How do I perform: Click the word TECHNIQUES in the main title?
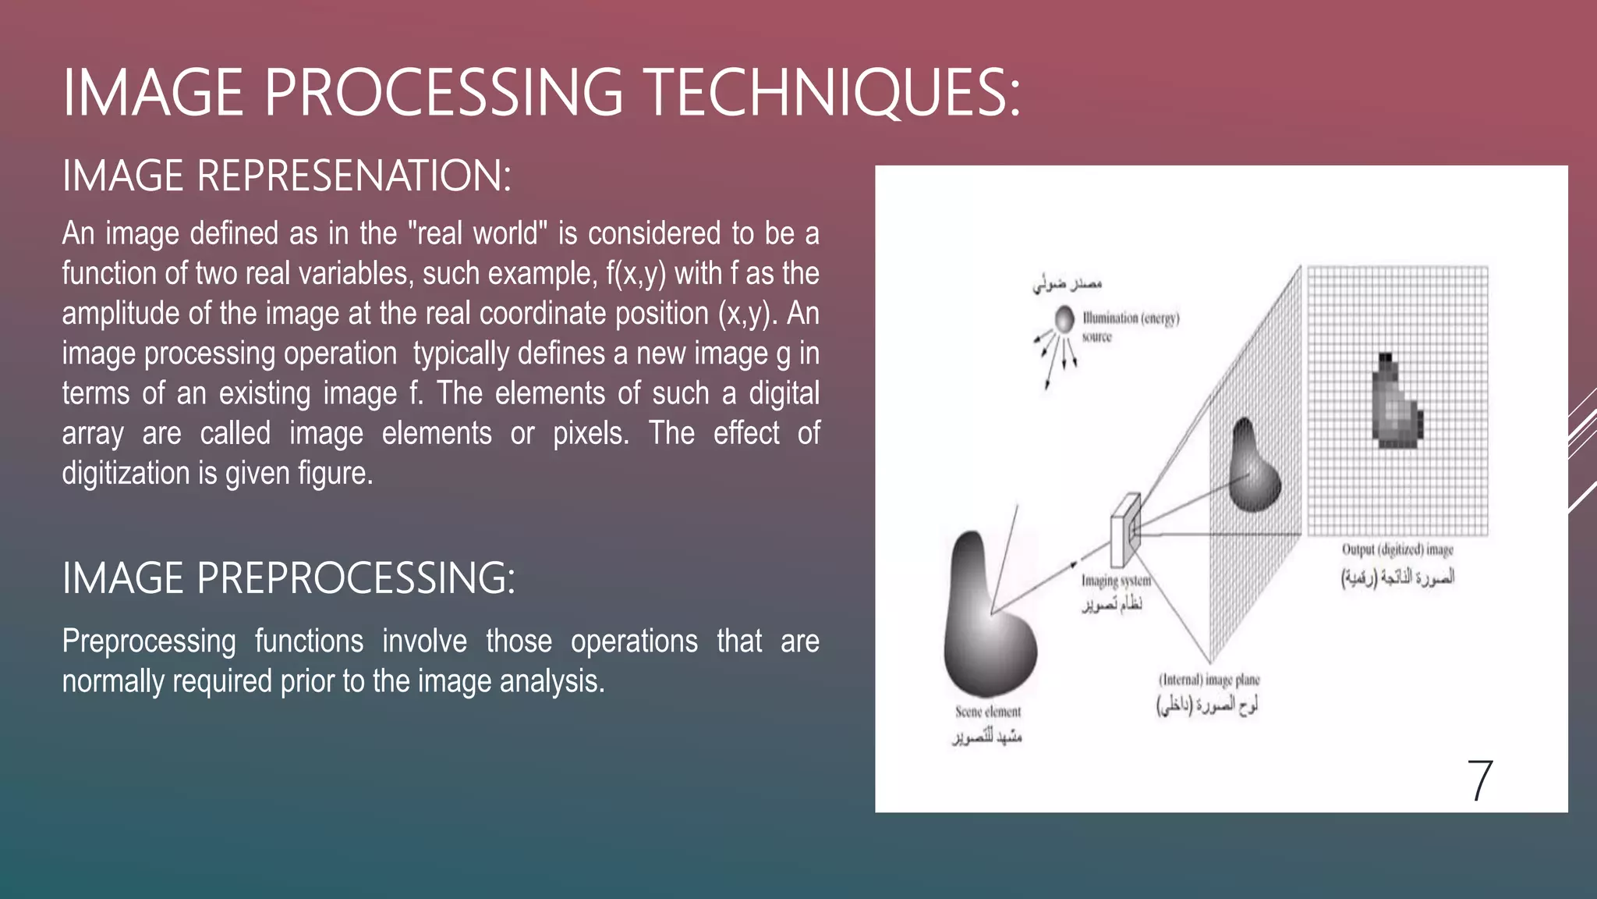[833, 93]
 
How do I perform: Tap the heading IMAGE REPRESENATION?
[286, 176]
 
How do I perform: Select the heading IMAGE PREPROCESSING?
[288, 578]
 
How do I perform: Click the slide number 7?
[1479, 780]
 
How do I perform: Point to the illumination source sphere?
[1064, 318]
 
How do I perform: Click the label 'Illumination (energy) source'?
[1130, 326]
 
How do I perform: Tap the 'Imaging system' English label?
[1116, 581]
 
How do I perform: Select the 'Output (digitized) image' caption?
[1397, 549]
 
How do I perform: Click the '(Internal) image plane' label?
[1209, 680]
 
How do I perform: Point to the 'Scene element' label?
[988, 712]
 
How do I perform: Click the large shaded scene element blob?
[986, 624]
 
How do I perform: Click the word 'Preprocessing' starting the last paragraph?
[148, 641]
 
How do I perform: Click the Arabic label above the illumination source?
[1067, 284]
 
